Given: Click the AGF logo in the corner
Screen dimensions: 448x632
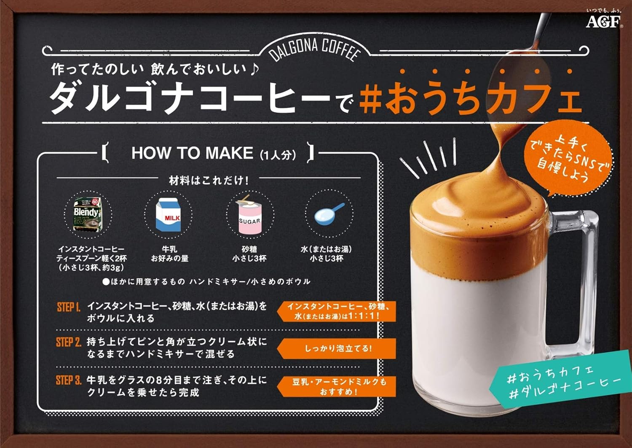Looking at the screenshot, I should point(603,20).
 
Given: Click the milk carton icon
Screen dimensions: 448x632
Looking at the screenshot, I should point(168,215).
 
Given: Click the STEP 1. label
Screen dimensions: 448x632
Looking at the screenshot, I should point(68,307).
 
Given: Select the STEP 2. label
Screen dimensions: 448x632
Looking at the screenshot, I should point(68,342).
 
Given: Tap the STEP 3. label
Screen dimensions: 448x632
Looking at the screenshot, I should point(68,381).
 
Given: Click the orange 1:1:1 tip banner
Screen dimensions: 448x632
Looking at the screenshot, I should point(337,311).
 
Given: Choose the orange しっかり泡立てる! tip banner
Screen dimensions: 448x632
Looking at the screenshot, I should point(337,348).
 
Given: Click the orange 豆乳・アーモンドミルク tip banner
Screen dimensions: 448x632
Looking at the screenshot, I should point(337,386).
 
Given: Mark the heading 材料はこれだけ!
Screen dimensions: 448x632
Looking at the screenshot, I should point(209,181).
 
